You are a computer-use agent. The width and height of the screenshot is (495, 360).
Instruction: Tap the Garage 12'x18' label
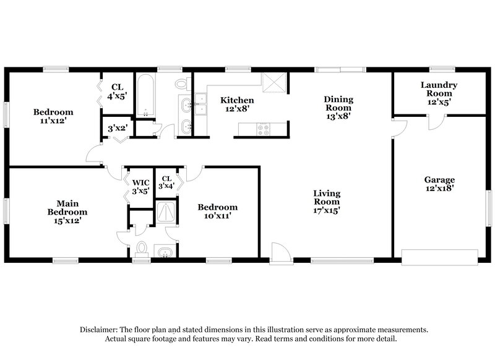pos(439,184)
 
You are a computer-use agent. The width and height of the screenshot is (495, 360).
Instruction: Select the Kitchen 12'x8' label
pos(238,104)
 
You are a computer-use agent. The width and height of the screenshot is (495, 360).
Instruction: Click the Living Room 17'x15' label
pos(326,202)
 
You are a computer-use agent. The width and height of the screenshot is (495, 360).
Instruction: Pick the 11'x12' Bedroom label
pos(53,116)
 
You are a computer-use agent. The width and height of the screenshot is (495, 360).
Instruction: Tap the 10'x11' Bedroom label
pos(217,212)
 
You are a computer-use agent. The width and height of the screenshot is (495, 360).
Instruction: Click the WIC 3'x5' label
pos(140,187)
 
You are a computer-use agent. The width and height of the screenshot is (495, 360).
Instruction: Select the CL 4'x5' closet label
pos(117,92)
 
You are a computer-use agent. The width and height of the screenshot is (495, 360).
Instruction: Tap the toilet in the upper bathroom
pos(181,84)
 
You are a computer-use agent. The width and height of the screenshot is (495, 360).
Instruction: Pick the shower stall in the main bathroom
pos(165,212)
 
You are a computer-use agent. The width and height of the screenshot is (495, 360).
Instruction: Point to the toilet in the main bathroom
pos(142,249)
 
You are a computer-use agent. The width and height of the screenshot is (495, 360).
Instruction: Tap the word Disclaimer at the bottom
pos(99,330)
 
